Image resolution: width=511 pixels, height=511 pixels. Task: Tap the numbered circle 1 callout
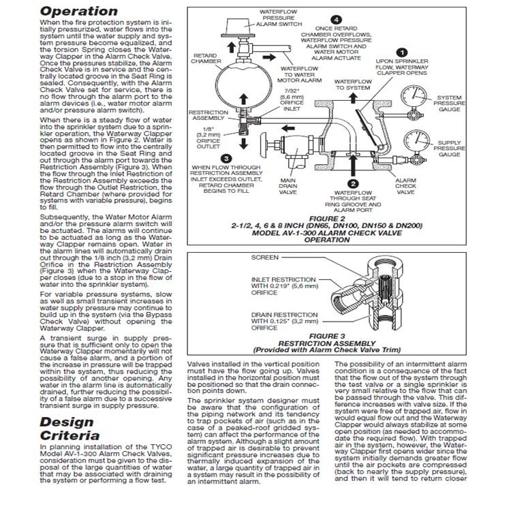tap(403, 52)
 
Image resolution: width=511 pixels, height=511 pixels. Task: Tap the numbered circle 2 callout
tap(352, 183)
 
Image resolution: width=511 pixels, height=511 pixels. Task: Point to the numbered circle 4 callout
tap(335, 19)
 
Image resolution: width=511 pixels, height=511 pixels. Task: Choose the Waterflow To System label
tap(353, 84)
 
